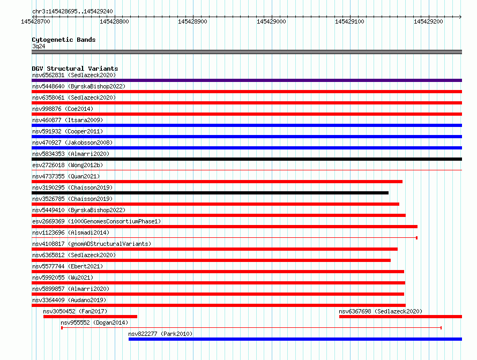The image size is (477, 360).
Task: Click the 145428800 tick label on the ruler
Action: coord(114,21)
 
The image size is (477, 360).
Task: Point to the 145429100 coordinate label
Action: coord(349,21)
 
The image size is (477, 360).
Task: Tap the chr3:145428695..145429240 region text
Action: coord(72,12)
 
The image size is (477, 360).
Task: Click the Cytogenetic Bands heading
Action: coord(64,40)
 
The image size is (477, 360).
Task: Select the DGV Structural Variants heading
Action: coord(75,69)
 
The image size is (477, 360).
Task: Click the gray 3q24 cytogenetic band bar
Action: coord(247,52)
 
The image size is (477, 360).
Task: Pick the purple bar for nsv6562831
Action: coord(247,80)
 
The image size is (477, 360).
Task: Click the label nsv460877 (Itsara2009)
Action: coord(68,120)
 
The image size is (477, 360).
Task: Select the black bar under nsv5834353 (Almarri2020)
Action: coord(247,159)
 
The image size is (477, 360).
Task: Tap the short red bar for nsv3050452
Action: coord(91,317)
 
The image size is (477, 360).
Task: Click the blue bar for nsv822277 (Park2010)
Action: coord(295,339)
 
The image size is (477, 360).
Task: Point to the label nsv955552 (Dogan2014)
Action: coord(94,322)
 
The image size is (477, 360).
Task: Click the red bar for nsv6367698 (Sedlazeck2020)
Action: coord(401,317)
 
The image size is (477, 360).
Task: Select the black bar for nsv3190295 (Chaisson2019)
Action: coord(210,193)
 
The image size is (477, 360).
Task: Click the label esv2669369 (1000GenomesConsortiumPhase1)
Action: coord(96,221)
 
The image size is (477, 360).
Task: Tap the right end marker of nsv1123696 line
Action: coord(416,238)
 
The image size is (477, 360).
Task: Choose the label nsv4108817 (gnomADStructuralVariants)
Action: coord(92,244)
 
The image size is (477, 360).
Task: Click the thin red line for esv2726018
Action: coord(247,170)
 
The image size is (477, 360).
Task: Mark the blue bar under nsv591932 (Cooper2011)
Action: coord(247,137)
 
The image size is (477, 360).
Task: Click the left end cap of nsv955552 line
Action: coord(62,328)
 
